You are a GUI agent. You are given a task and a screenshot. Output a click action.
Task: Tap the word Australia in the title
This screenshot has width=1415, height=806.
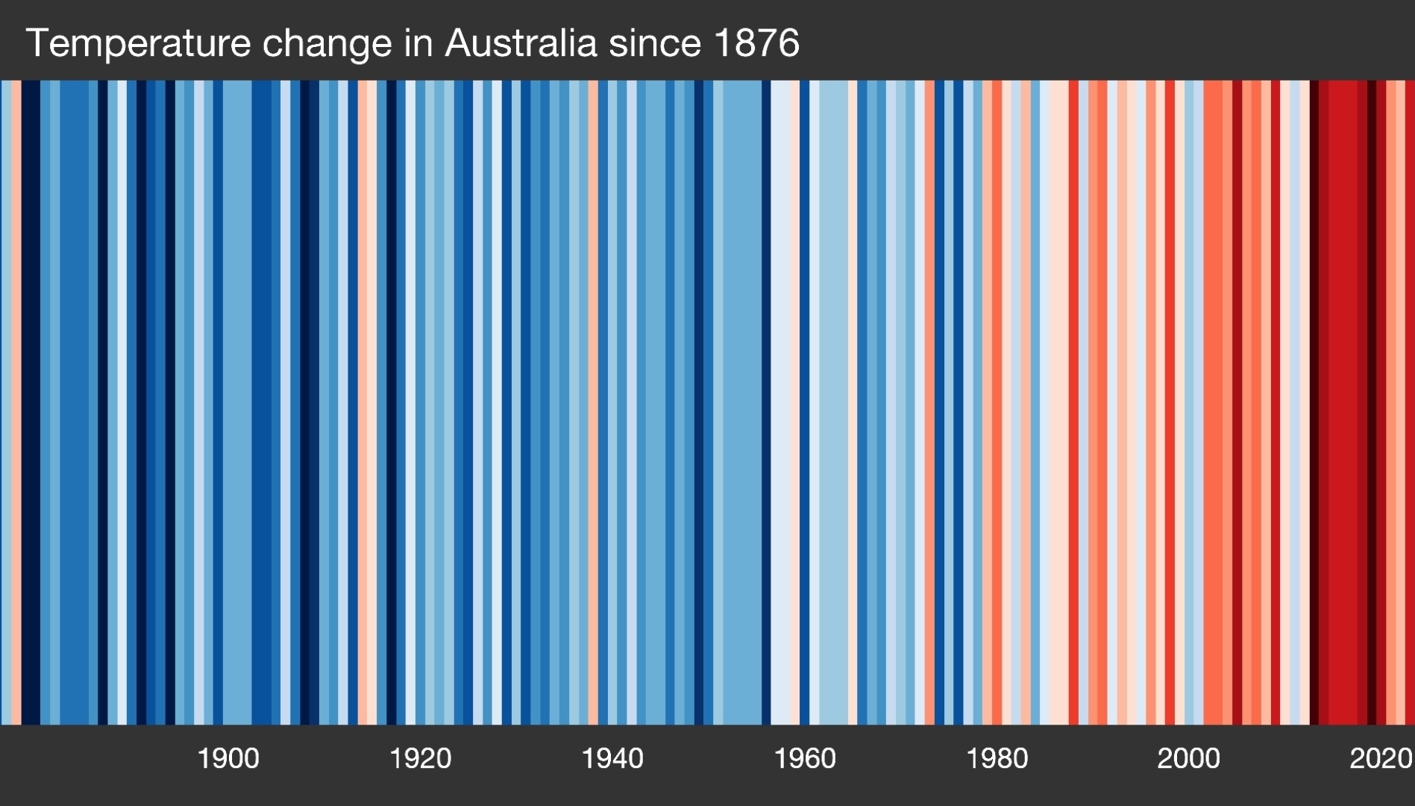521,43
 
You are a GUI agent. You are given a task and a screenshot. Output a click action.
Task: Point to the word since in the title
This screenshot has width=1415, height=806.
654,43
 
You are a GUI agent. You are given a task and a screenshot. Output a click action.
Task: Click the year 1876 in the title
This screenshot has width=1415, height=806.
756,43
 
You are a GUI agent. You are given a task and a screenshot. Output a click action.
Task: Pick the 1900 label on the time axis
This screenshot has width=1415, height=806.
228,759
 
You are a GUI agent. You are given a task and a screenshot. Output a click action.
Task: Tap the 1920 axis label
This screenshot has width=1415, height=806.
420,759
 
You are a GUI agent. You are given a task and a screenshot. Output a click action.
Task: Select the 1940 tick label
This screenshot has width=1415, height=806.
612,759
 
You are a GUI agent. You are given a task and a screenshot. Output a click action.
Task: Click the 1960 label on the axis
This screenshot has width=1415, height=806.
804,759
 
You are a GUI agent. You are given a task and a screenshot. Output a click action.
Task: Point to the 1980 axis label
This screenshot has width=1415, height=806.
997,759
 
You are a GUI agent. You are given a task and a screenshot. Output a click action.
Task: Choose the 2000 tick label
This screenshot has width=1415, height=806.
1188,759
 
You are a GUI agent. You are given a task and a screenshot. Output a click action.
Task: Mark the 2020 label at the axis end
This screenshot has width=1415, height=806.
1381,759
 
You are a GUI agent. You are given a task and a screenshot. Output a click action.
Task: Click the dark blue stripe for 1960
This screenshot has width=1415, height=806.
804,403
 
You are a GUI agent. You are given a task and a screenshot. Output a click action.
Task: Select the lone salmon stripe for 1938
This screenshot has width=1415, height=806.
593,403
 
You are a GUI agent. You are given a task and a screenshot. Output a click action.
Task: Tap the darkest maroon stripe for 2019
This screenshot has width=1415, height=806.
1371,403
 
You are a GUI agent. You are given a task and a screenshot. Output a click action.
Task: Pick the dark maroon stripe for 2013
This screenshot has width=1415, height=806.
1314,403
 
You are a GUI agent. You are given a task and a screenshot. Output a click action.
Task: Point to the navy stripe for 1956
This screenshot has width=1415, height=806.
766,403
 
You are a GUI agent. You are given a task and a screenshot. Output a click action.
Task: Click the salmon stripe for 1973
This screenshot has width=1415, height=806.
929,403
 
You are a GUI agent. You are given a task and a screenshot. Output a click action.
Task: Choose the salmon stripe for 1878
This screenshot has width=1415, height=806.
16,403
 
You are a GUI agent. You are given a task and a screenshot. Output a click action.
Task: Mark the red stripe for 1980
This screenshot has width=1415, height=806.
997,403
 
